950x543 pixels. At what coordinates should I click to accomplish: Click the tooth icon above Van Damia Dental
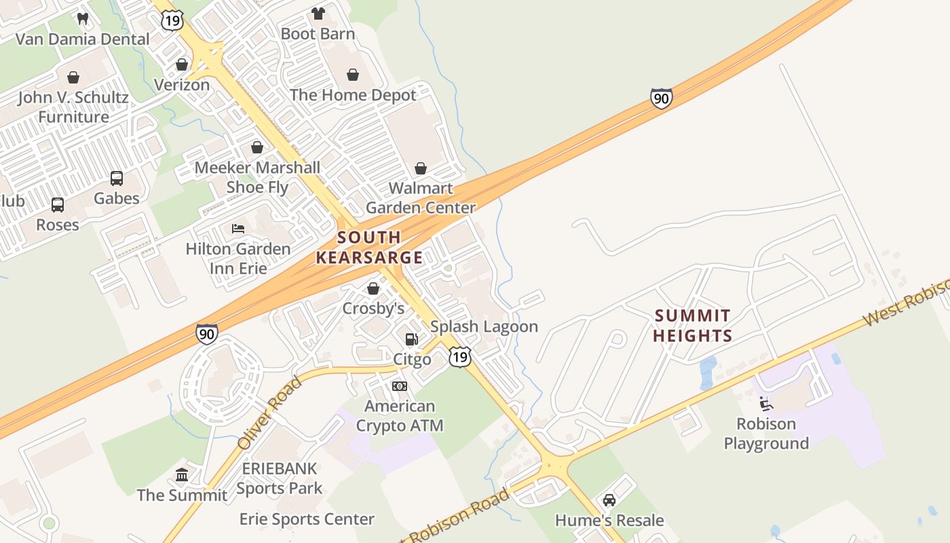coord(83,19)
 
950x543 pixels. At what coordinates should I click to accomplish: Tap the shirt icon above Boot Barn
coord(318,13)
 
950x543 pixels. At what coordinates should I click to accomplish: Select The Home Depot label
coord(353,95)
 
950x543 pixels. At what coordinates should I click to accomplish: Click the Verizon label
coord(181,85)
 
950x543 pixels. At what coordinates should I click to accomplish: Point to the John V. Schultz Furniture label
coord(73,107)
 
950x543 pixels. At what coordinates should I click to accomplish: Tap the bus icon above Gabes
coord(117,179)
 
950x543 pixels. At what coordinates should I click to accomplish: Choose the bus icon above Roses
coord(58,204)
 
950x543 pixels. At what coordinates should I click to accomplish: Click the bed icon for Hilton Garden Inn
coord(238,229)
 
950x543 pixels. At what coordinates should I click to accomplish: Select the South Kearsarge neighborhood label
coord(369,248)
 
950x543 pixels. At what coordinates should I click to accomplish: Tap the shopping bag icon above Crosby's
coord(373,288)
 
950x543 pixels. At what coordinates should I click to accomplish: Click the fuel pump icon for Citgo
coord(411,339)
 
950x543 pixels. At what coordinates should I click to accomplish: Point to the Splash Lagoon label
coord(484,326)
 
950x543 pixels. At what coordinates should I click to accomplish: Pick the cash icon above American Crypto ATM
coord(400,386)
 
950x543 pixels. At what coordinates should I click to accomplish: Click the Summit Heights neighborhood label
coord(693,326)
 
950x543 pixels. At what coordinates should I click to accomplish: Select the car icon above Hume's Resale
coord(609,500)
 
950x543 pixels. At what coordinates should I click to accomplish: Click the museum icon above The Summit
coord(182,474)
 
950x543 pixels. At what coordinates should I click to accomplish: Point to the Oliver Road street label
coord(269,414)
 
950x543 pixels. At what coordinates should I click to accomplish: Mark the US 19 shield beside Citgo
coord(459,357)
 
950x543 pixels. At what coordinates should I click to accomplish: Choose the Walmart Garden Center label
coord(421,198)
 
